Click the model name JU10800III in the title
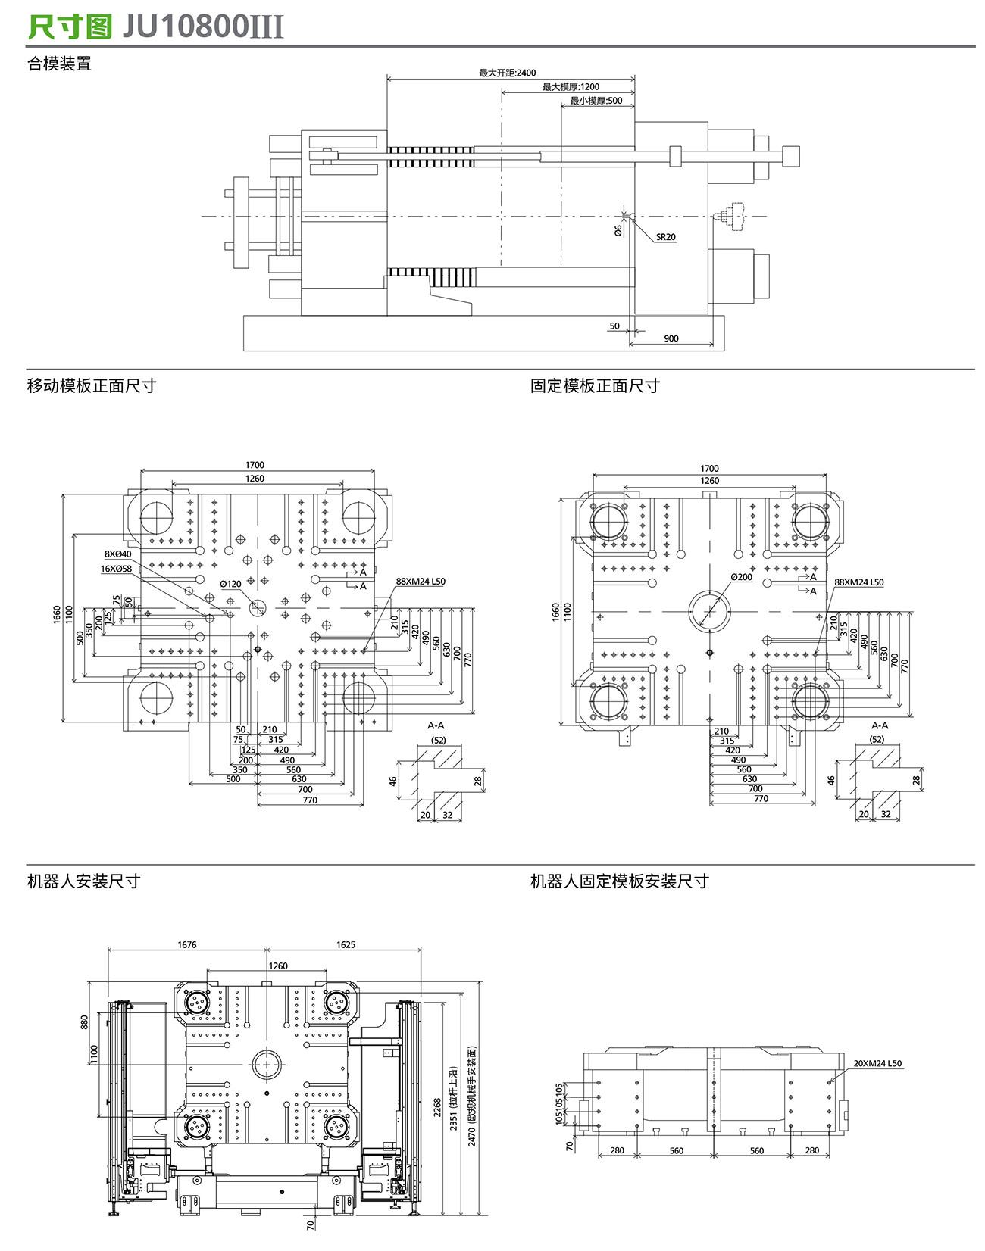click(202, 27)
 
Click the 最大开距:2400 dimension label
click(507, 73)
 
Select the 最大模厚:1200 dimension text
click(571, 87)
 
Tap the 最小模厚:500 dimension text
click(596, 101)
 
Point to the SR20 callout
click(665, 237)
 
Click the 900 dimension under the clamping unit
click(671, 338)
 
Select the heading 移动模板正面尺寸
click(92, 386)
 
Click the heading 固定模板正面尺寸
click(595, 386)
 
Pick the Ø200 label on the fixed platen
click(742, 577)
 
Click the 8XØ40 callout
click(117, 554)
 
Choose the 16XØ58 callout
click(116, 569)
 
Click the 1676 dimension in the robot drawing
click(186, 944)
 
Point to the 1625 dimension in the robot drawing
click(346, 944)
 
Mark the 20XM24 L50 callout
click(877, 1063)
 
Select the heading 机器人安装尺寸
click(84, 881)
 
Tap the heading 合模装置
click(59, 64)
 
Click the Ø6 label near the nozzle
click(618, 229)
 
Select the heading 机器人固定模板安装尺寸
click(619, 881)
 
